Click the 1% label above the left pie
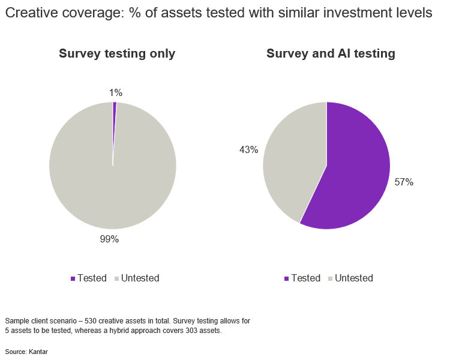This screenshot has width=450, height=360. click(x=116, y=92)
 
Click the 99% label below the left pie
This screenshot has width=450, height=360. click(x=109, y=239)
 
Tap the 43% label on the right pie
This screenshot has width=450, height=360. click(x=248, y=150)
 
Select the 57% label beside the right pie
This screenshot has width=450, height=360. click(x=404, y=182)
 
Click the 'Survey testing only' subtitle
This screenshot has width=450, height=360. click(x=117, y=53)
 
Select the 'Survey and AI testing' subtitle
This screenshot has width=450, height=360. click(x=331, y=53)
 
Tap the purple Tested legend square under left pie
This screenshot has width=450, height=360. click(x=73, y=278)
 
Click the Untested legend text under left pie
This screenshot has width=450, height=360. click(x=140, y=278)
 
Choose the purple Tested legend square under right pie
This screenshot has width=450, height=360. click(x=287, y=278)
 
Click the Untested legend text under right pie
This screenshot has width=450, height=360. click(x=354, y=278)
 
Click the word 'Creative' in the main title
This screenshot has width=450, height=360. click(x=30, y=13)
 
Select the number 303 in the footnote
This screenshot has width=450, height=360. click(x=197, y=331)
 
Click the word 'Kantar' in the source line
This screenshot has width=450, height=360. click(x=38, y=352)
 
